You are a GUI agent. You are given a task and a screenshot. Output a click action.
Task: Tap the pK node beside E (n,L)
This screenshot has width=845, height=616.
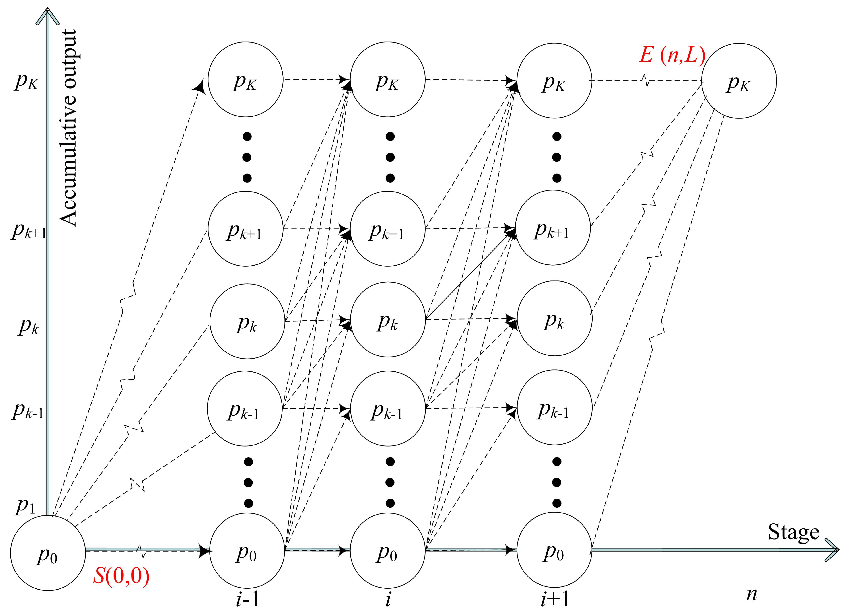click(739, 81)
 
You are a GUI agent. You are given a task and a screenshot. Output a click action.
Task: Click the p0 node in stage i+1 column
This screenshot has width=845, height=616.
click(554, 550)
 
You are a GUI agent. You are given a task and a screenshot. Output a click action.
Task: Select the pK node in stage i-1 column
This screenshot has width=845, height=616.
click(245, 79)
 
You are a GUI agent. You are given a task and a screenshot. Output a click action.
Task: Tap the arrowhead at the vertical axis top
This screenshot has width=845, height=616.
click(47, 15)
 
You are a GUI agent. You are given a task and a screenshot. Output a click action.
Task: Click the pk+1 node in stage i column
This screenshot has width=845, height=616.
click(388, 229)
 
